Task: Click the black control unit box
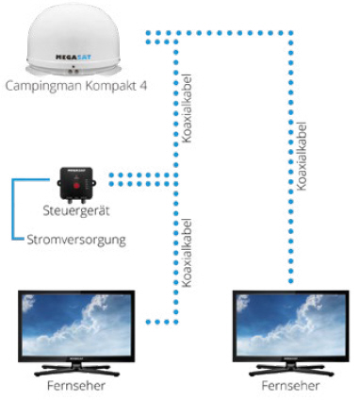(x=75, y=176)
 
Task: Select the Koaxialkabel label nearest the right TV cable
(x=302, y=156)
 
